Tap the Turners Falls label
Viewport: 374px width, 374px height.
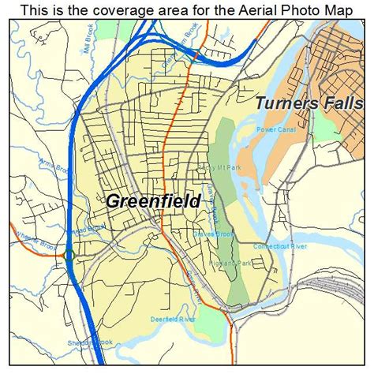(x=312, y=103)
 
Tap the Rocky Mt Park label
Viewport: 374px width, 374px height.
(x=198, y=167)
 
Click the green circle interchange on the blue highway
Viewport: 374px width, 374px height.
(x=69, y=254)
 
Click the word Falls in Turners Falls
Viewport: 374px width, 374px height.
(x=349, y=103)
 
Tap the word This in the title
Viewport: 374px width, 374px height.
(x=39, y=10)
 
